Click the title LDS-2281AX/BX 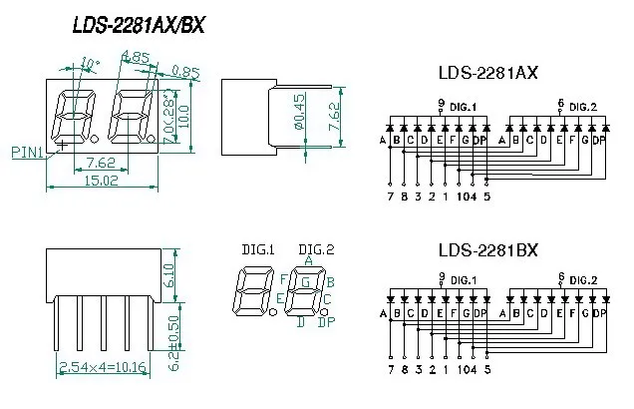(x=139, y=26)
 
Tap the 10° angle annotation (x=90, y=63)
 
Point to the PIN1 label (x=27, y=153)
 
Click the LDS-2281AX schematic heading (x=488, y=72)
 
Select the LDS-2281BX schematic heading (x=488, y=250)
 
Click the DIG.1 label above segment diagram (x=258, y=249)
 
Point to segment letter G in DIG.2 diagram (x=308, y=282)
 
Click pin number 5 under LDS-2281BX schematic (x=486, y=371)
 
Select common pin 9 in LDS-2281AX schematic (x=441, y=104)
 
